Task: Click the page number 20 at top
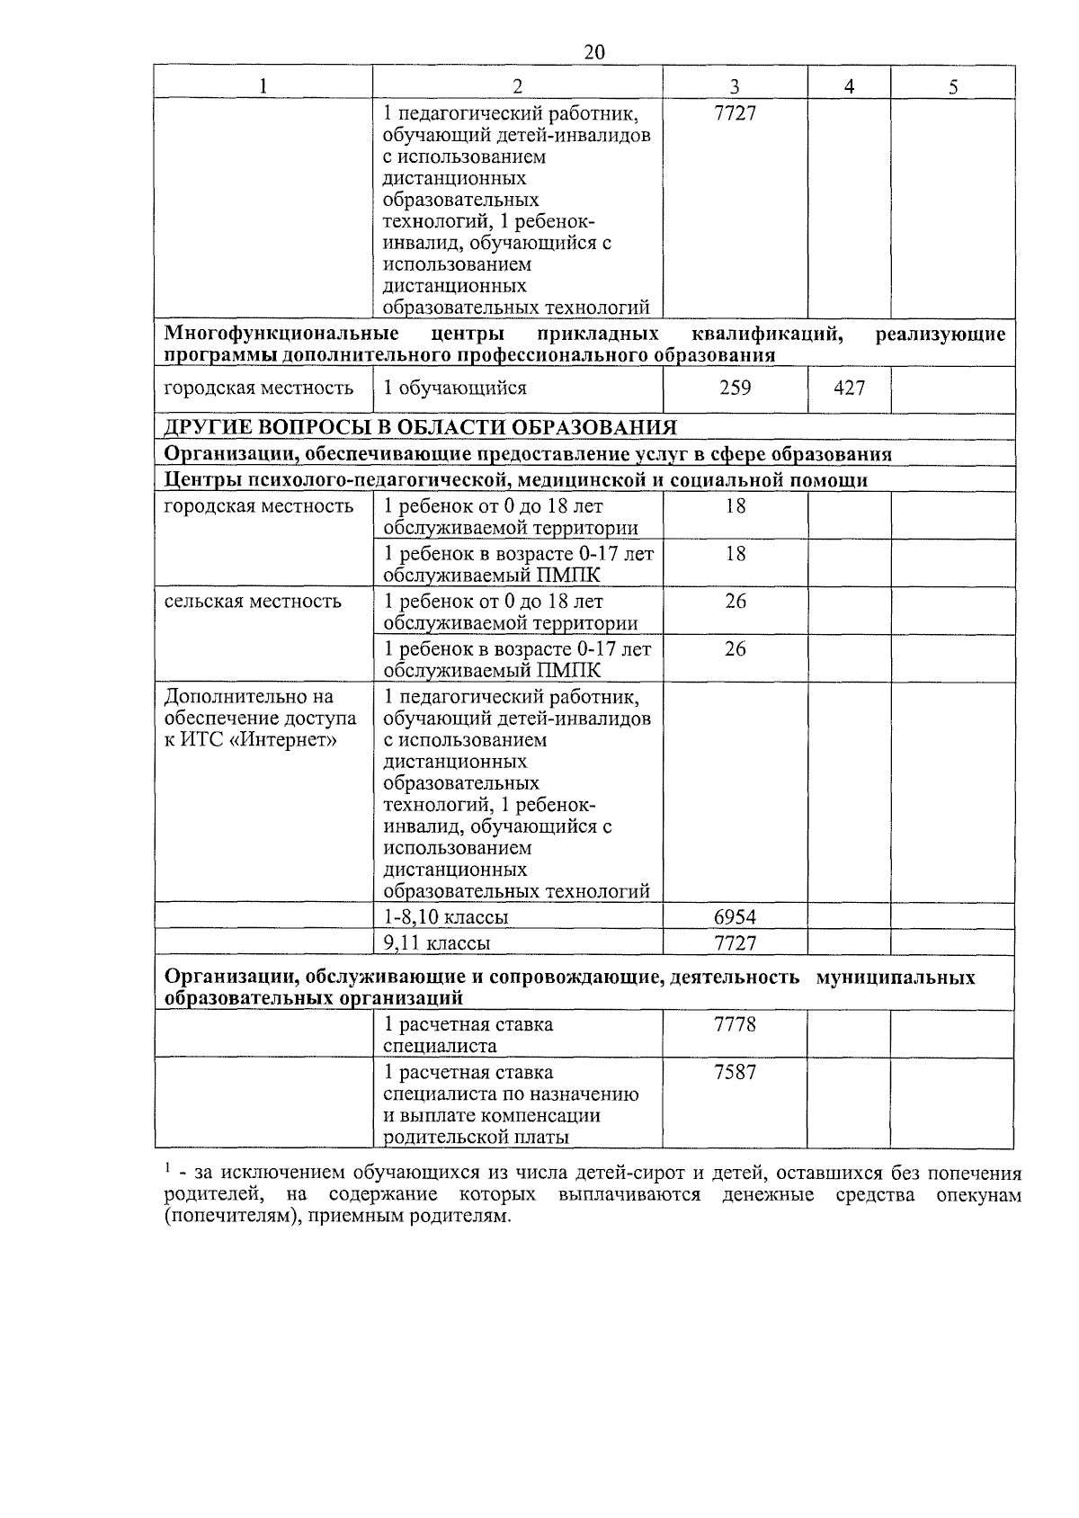[594, 52]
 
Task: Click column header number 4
[849, 86]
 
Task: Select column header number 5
[953, 86]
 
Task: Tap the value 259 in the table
[735, 388]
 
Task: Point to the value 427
[849, 388]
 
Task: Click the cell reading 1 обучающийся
[455, 388]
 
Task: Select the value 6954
[735, 917]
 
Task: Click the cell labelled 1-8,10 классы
[446, 917]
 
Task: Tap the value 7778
[735, 1024]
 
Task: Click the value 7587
[735, 1072]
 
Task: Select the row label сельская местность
[253, 601]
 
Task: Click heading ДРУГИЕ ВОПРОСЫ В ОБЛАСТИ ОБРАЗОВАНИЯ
[420, 427]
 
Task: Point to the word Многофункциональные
[281, 335]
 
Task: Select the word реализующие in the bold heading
[940, 335]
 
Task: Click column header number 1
[263, 86]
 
